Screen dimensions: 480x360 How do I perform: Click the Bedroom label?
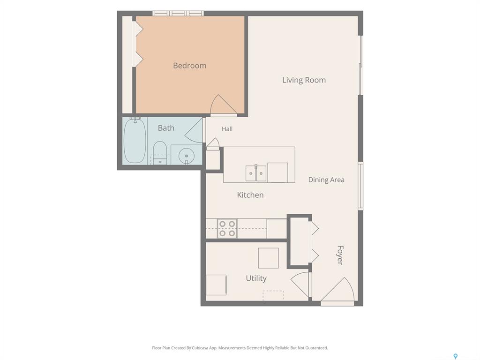pyautogui.click(x=189, y=66)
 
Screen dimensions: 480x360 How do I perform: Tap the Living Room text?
pyautogui.click(x=304, y=80)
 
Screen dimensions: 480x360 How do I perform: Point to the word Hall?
pyautogui.click(x=227, y=129)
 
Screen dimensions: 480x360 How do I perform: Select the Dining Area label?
pyautogui.click(x=326, y=180)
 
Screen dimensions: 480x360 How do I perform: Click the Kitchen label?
pyautogui.click(x=250, y=195)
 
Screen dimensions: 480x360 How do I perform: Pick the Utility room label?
pyautogui.click(x=256, y=278)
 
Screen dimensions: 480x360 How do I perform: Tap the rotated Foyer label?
pyautogui.click(x=340, y=255)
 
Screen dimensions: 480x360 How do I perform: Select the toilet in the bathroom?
pyautogui.click(x=159, y=152)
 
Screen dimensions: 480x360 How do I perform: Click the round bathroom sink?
pyautogui.click(x=187, y=156)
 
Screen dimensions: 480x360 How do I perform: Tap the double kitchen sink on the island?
pyautogui.click(x=256, y=173)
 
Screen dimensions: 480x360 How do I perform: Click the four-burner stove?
pyautogui.click(x=227, y=229)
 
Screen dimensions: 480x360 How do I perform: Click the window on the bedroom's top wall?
pyautogui.click(x=178, y=13)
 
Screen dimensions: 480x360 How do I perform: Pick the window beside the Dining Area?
pyautogui.click(x=360, y=186)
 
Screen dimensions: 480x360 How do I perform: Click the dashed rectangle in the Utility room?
pyautogui.click(x=273, y=295)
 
